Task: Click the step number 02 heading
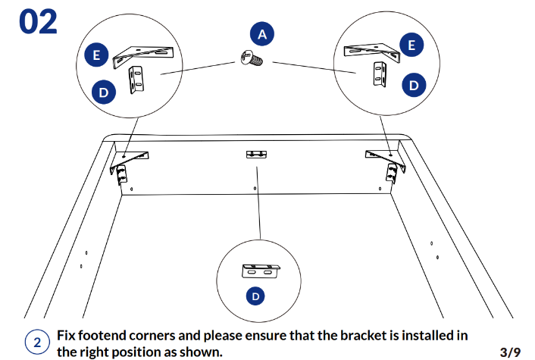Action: tap(38, 21)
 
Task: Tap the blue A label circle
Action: tap(261, 34)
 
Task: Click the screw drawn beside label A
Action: tap(250, 57)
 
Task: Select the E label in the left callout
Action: tap(95, 55)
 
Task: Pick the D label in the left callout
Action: tap(104, 92)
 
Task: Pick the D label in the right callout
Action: tap(413, 85)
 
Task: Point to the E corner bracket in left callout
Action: tap(144, 53)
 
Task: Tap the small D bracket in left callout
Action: tap(137, 80)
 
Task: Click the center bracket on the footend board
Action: tap(257, 155)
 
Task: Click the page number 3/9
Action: tap(510, 352)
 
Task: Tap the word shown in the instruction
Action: tap(202, 352)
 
